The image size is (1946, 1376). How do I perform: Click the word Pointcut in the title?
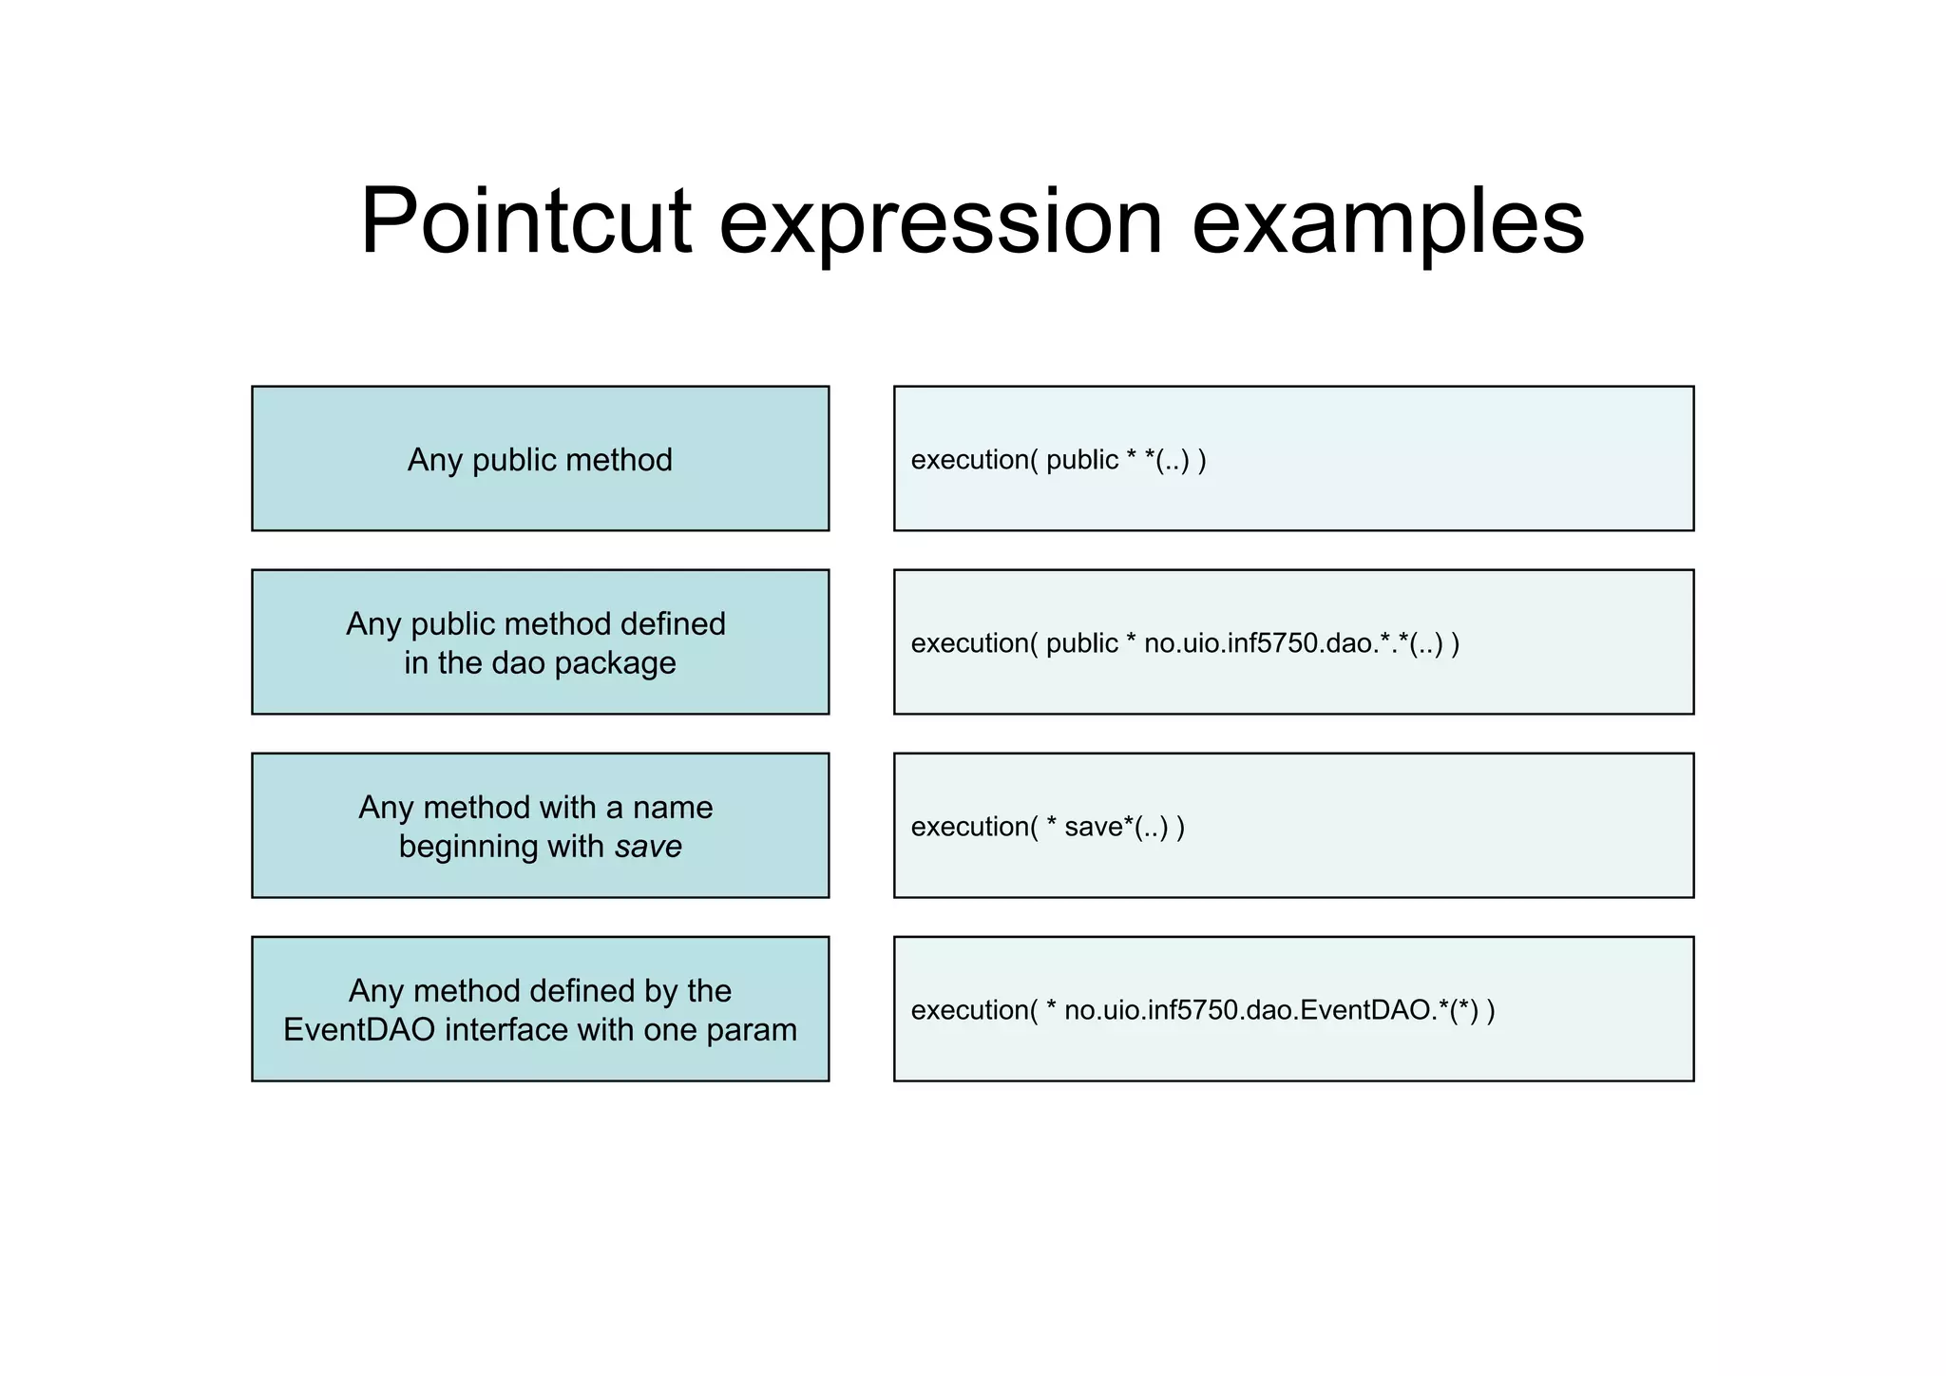pyautogui.click(x=525, y=220)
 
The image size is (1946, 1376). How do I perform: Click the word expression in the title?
pyautogui.click(x=941, y=220)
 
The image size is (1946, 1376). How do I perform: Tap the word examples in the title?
pyautogui.click(x=1387, y=220)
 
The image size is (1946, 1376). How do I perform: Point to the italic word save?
pyautogui.click(x=648, y=847)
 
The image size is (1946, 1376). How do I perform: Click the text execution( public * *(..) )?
pyautogui.click(x=1059, y=460)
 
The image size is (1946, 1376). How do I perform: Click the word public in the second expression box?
pyautogui.click(x=1081, y=643)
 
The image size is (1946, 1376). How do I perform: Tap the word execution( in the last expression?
pyautogui.click(x=974, y=1010)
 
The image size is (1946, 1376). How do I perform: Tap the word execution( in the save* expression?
pyautogui.click(x=974, y=827)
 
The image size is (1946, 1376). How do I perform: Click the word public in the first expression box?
pyautogui.click(x=1081, y=460)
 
